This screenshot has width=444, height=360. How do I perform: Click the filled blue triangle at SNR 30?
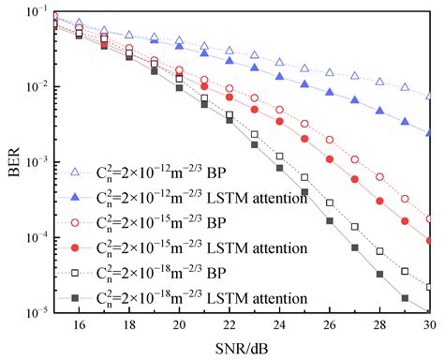point(429,134)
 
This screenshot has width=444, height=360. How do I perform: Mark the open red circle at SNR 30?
point(429,218)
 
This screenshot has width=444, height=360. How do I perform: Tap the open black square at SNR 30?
point(429,287)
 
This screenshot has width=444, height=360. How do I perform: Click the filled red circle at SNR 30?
point(429,241)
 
